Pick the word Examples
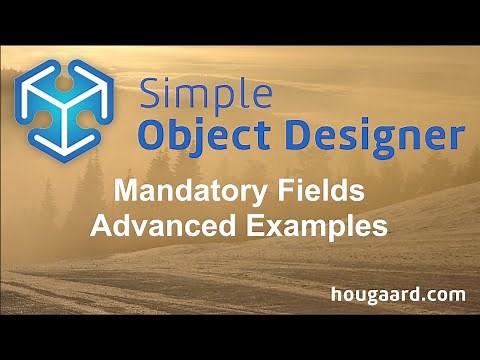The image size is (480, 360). tap(318, 225)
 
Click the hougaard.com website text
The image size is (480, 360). tap(398, 294)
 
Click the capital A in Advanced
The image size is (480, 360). tap(101, 225)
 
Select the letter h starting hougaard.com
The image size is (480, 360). tap(336, 294)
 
